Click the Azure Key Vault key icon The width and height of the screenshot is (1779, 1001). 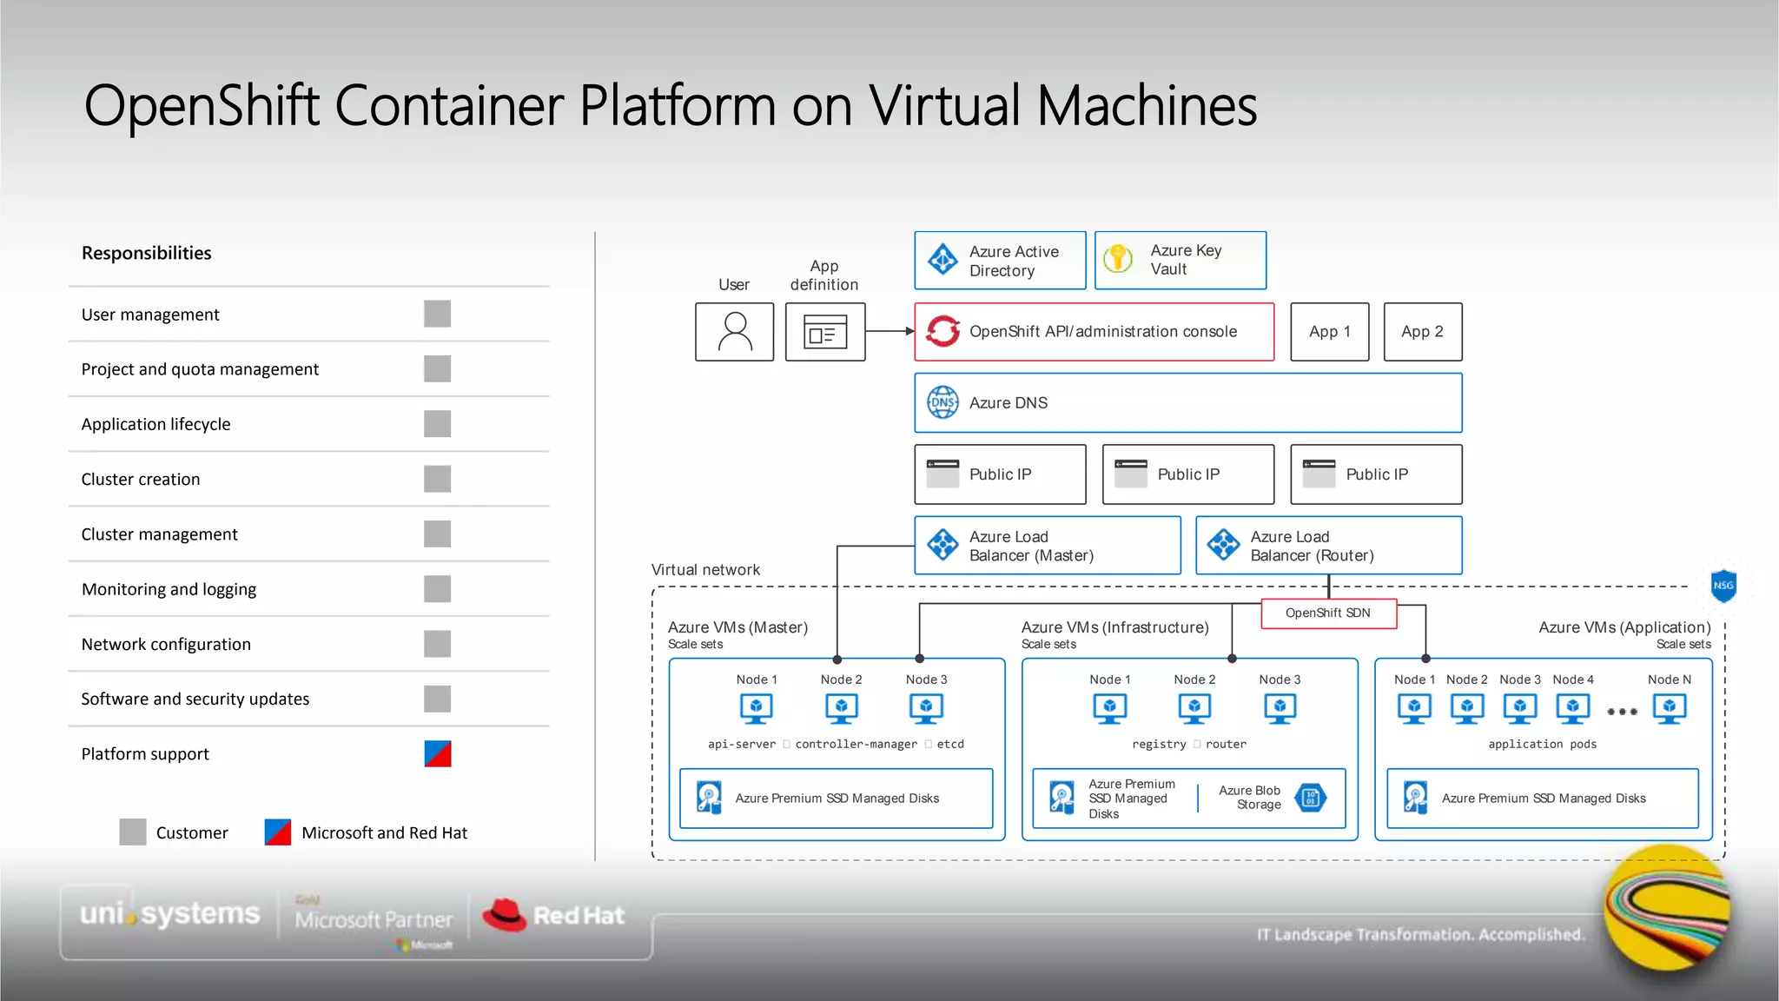tap(1118, 259)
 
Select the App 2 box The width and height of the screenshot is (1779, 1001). tap(1422, 331)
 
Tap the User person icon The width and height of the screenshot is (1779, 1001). tap(734, 331)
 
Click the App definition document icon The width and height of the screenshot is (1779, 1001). tap(824, 331)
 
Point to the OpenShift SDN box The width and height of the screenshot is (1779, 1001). tap(1327, 613)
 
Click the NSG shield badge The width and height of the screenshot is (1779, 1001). tap(1723, 586)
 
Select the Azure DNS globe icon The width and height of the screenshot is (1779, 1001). tap(942, 402)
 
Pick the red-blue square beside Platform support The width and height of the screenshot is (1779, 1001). tap(437, 753)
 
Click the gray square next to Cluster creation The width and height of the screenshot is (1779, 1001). tap(437, 479)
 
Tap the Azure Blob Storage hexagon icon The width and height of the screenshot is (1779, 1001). tap(1310, 798)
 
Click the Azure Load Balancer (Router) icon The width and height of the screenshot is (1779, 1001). tap(1223, 545)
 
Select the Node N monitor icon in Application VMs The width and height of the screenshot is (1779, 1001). tap(1669, 709)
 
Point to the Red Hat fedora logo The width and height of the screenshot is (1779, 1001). tap(505, 915)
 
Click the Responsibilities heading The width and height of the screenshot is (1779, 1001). tap(146, 253)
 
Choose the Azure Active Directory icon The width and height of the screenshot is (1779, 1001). tap(942, 260)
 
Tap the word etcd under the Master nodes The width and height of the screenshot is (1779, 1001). tap(950, 744)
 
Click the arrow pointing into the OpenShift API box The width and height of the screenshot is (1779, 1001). tap(909, 331)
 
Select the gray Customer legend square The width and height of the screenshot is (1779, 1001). tap(132, 832)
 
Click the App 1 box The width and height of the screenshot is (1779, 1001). tap(1329, 331)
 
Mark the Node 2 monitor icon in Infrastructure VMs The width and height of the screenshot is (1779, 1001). tap(1194, 709)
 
